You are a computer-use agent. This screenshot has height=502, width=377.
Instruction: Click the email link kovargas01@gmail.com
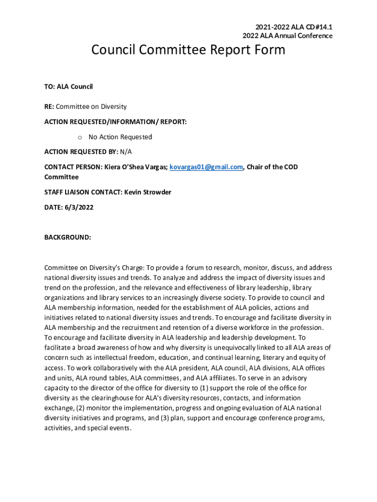(206, 167)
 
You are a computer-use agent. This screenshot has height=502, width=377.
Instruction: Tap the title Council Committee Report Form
(188, 50)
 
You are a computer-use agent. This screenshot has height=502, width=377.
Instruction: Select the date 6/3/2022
(78, 207)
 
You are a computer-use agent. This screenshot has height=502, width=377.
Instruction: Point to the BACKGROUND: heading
(68, 237)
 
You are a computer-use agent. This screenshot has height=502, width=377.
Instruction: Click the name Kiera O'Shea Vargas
(134, 167)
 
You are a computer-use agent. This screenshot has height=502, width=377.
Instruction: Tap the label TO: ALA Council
(69, 87)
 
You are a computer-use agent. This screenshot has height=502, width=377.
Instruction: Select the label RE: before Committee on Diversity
(49, 106)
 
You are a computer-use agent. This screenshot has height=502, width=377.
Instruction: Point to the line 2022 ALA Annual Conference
(287, 36)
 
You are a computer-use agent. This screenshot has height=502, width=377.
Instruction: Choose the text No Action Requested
(120, 137)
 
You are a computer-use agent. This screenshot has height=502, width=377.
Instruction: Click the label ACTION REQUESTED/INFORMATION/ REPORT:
(116, 122)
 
